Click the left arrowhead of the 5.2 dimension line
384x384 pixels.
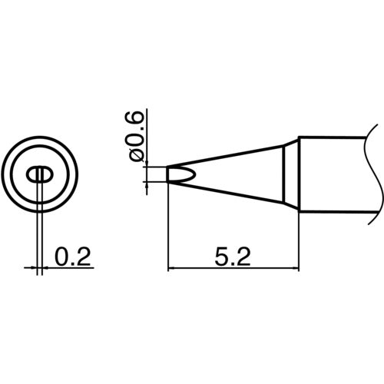[x=171, y=268]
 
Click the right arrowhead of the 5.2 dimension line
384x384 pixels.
[x=294, y=268]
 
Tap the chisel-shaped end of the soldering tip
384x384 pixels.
[x=176, y=174]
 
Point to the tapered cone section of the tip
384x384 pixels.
[x=238, y=174]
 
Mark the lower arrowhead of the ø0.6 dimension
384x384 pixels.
[x=147, y=184]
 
